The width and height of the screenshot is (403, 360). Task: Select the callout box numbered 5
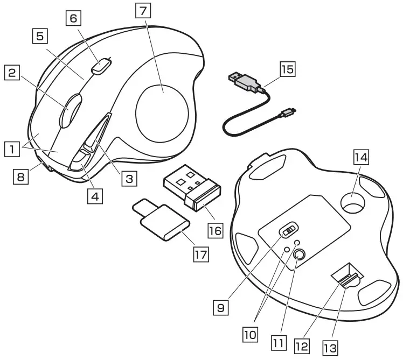coord(39,37)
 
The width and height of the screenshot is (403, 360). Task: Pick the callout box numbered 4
coord(95,196)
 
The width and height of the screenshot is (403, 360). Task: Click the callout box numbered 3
coord(128,178)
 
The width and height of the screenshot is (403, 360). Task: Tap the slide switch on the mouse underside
coord(289,230)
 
